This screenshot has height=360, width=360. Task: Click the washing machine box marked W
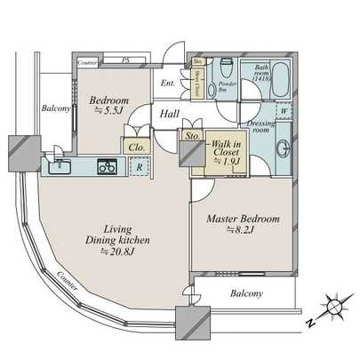[x=283, y=111]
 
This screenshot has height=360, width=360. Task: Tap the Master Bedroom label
[x=244, y=219]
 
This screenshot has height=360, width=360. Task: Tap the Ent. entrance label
[x=168, y=83]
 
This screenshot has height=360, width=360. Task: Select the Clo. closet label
[x=137, y=147]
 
